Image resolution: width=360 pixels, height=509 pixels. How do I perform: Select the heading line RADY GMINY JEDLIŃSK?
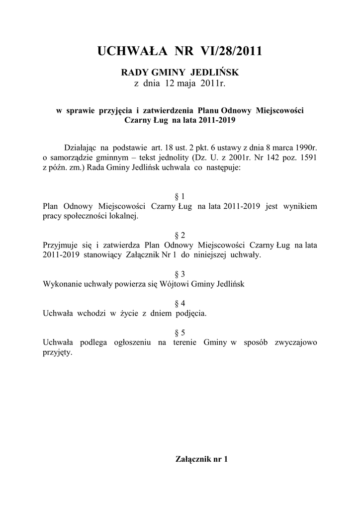point(180,73)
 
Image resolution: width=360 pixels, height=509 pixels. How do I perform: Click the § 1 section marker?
point(180,196)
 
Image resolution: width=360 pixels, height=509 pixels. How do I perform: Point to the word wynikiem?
point(300,206)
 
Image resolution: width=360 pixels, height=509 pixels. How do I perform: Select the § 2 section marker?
point(180,235)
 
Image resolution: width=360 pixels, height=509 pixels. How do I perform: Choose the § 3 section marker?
point(180,274)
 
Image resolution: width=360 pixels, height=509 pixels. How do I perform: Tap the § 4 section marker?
point(180,303)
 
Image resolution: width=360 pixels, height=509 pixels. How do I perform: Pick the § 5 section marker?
point(180,333)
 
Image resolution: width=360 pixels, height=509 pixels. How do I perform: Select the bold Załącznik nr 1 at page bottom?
point(202,459)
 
